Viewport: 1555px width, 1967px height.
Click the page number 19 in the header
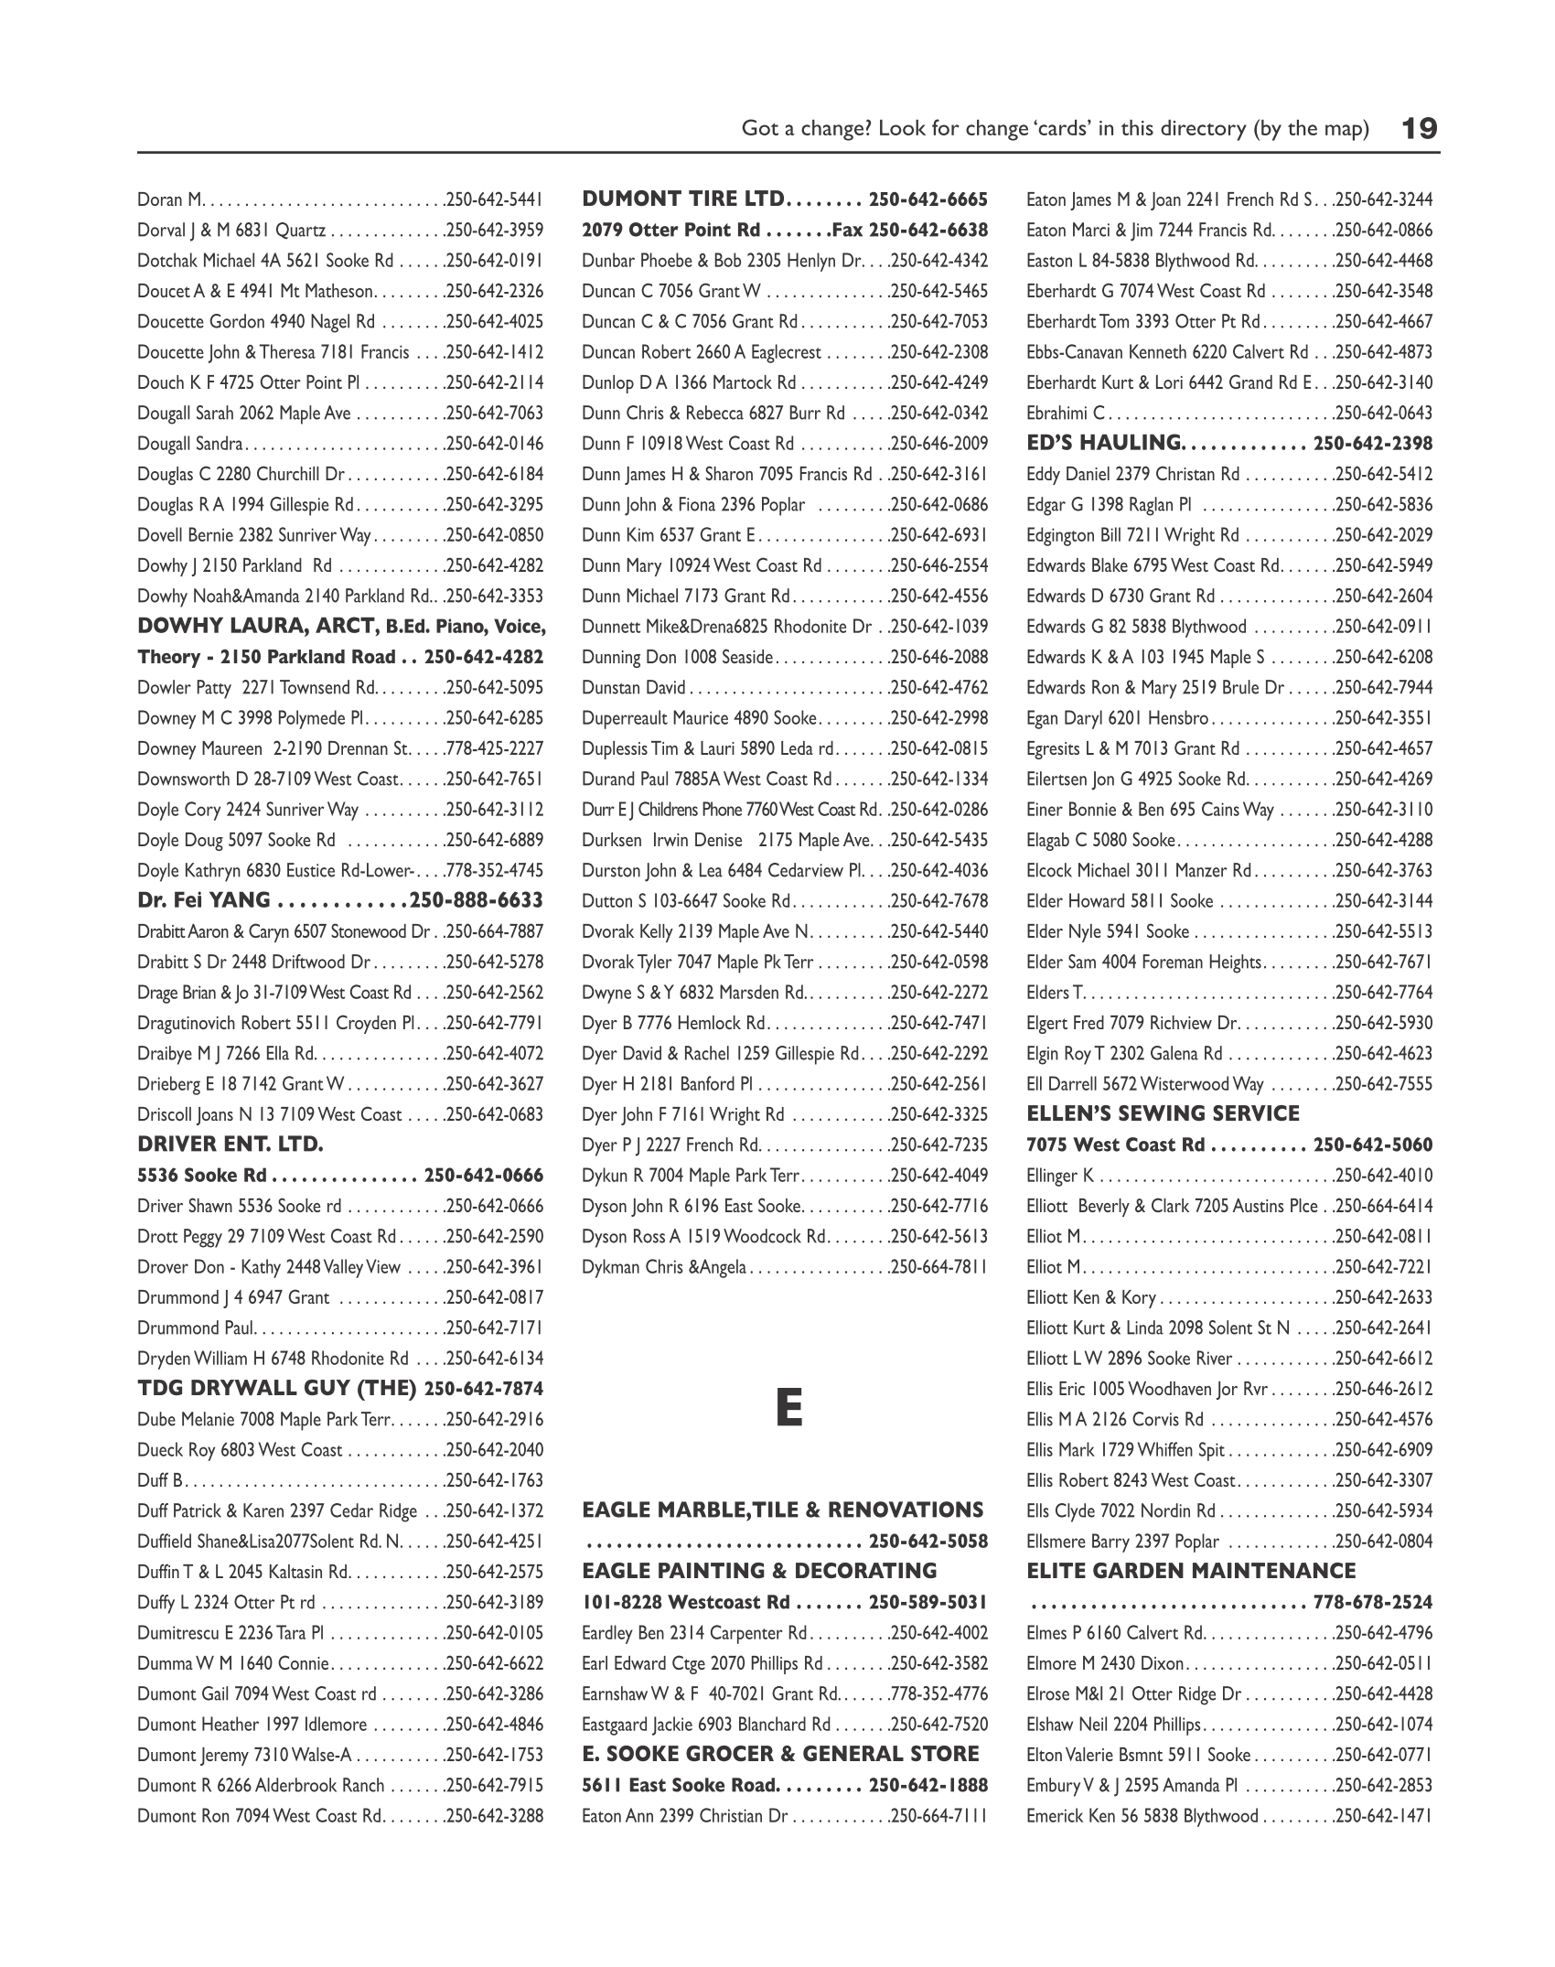[1420, 128]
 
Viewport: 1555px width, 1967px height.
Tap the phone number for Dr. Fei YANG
[477, 900]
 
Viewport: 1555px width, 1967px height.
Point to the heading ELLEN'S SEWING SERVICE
[1163, 1113]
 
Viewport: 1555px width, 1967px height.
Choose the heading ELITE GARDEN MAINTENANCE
[1191, 1571]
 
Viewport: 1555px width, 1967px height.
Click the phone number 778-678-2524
[1372, 1602]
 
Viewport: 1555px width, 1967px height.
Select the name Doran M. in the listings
[171, 199]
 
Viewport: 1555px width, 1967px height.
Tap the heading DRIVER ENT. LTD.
[231, 1145]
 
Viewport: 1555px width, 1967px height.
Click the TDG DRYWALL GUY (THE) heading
[277, 1389]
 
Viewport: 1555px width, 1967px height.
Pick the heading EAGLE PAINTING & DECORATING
[759, 1571]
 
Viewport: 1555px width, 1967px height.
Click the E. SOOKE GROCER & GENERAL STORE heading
[780, 1754]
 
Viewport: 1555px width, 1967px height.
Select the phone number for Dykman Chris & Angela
[939, 1267]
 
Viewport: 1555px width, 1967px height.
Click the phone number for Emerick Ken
[1384, 1816]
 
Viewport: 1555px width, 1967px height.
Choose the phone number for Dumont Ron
[495, 1816]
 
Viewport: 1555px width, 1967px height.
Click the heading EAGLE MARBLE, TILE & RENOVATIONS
[782, 1510]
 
